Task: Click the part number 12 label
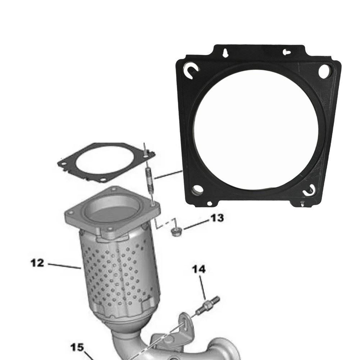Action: click(x=37, y=263)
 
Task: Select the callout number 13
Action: click(x=217, y=218)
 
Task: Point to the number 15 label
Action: click(x=77, y=348)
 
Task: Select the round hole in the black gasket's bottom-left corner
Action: click(x=196, y=190)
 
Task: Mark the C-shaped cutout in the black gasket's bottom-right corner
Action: click(x=309, y=190)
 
